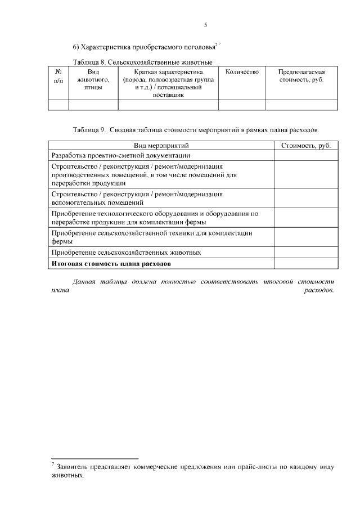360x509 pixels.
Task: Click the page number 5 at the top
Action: pyautogui.click(x=206, y=25)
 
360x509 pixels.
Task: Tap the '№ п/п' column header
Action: pyautogui.click(x=58, y=76)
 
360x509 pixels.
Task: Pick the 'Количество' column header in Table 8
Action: pyautogui.click(x=242, y=72)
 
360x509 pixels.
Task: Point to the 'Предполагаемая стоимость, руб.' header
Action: pyautogui.click(x=301, y=76)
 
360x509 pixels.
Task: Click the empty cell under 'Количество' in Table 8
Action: pyautogui.click(x=242, y=105)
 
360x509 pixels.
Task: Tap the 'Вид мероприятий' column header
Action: pyautogui.click(x=161, y=146)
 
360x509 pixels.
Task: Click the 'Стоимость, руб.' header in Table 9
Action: pyautogui.click(x=305, y=146)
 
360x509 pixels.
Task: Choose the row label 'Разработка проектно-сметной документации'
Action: pyautogui.click(x=120, y=155)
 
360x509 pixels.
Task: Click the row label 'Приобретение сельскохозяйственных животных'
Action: pyautogui.click(x=126, y=253)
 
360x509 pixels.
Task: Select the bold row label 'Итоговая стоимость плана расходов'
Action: pyautogui.click(x=111, y=263)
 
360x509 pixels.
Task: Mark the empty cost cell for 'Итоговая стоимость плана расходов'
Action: pyautogui.click(x=305, y=263)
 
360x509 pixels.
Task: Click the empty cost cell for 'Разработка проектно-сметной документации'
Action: pyautogui.click(x=305, y=155)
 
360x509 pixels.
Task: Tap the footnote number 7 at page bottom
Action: pyautogui.click(x=52, y=464)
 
